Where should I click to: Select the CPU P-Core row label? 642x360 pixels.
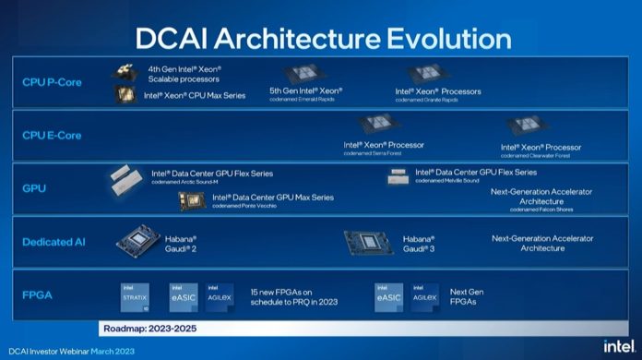(x=52, y=82)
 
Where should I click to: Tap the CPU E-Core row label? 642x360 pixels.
(x=52, y=136)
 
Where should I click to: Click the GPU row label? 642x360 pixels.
(x=34, y=188)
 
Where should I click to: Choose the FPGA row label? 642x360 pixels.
(x=38, y=295)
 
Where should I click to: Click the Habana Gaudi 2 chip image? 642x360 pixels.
(x=139, y=242)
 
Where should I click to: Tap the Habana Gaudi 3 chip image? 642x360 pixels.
(x=369, y=243)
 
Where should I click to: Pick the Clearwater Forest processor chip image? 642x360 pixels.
(x=527, y=127)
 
